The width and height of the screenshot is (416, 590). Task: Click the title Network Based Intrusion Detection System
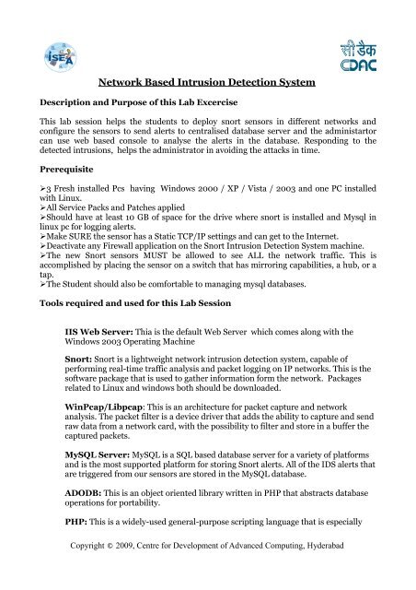click(x=207, y=82)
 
